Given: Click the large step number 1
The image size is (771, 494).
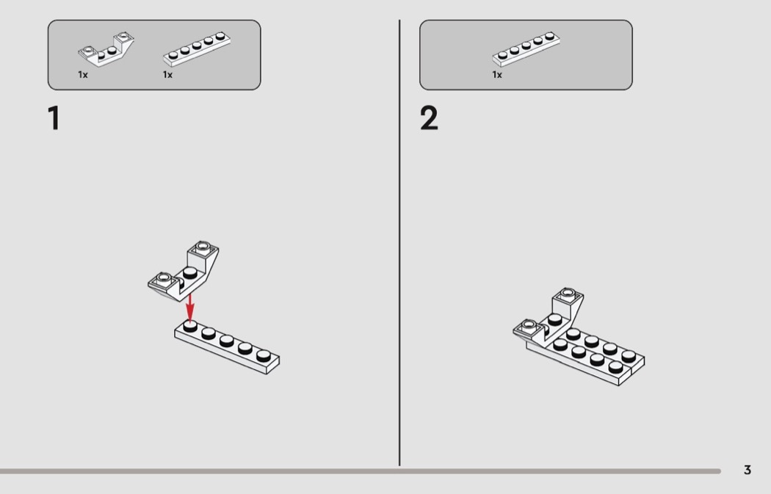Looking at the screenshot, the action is point(54,118).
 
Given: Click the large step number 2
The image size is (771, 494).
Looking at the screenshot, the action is point(429,118).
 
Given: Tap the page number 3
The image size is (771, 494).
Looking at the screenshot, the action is point(748,470).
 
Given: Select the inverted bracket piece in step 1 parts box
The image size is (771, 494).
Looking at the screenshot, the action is point(106,49).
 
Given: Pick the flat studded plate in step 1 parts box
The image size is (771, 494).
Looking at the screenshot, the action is point(197,49).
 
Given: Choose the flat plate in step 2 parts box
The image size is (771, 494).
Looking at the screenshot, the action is point(526,49).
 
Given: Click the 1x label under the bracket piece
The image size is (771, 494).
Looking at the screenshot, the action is point(82,75).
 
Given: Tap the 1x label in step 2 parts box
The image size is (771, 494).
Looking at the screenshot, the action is point(497,75).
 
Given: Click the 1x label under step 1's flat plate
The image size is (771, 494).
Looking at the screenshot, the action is point(167,75).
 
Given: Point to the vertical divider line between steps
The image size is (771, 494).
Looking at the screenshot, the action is point(399,242).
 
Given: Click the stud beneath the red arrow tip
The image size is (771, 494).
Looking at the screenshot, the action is point(189,326).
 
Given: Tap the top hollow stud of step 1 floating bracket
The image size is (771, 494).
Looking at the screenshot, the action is point(203,246).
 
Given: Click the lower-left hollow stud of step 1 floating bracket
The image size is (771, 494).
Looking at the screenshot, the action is point(163,279).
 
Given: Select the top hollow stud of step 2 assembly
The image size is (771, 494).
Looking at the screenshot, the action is point(568,293).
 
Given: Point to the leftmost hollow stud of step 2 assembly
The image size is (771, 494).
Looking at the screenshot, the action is point(529,324).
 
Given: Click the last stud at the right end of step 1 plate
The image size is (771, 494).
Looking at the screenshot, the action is point(264,355).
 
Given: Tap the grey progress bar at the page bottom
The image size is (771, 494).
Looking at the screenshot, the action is point(361,471).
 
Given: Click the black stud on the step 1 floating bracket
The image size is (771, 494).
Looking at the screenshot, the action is point(189,273).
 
